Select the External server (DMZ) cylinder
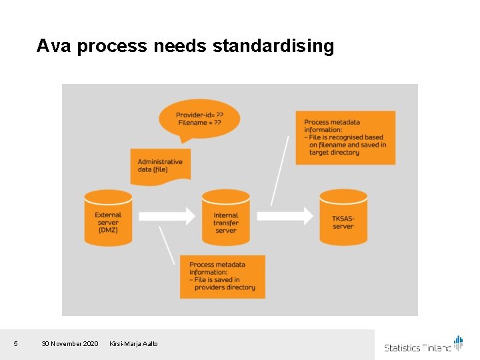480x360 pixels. (108, 219)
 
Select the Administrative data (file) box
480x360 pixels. (160, 165)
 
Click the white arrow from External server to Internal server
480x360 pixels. (167, 215)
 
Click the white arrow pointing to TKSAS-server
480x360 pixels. (285, 215)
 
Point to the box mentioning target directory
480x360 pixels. (345, 137)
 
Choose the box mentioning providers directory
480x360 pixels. (222, 276)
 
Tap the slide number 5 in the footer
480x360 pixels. (16, 343)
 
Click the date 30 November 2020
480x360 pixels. (69, 343)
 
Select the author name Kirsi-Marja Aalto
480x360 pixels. (133, 343)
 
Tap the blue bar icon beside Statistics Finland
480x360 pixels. (458, 342)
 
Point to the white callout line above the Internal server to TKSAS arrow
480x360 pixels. (280, 170)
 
